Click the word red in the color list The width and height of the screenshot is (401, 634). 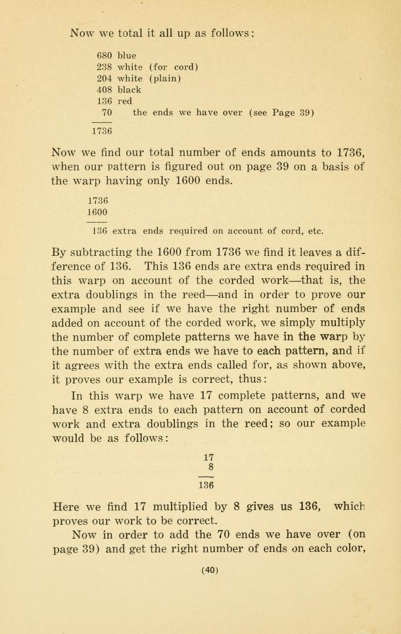click(x=124, y=101)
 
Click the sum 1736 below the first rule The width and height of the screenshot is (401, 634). click(x=102, y=131)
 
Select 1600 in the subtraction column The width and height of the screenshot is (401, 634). click(x=97, y=212)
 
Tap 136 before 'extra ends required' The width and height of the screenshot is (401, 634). click(x=99, y=231)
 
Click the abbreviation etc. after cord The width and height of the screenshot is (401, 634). click(x=316, y=231)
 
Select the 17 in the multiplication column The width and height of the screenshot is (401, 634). click(x=209, y=456)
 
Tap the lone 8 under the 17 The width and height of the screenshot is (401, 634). click(x=210, y=468)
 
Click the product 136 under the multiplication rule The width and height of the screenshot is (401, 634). click(x=206, y=485)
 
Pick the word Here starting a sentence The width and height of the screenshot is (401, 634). click(x=65, y=507)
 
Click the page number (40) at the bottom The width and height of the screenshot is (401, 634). click(x=210, y=571)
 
